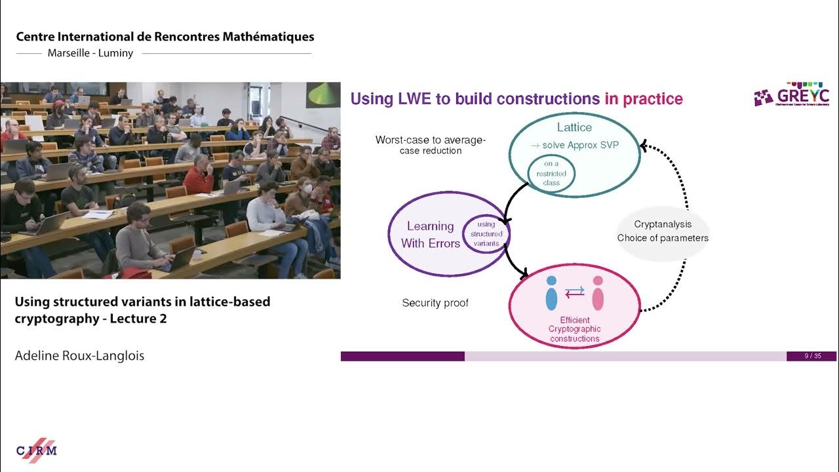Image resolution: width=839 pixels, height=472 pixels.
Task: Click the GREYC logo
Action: coord(791,94)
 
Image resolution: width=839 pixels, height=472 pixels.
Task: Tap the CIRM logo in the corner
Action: coord(37,450)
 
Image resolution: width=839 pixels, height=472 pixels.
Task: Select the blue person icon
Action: coord(551,293)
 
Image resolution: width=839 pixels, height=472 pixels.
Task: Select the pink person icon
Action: coord(598,293)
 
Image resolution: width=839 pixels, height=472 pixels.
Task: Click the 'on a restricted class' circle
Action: coord(551,174)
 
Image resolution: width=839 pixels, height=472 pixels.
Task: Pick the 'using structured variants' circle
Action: coord(486,234)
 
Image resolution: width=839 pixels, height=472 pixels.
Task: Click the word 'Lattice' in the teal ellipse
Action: coord(574,127)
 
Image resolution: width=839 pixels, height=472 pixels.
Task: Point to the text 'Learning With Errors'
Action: coord(430,235)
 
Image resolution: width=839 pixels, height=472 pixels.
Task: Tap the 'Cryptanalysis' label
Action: coord(663,224)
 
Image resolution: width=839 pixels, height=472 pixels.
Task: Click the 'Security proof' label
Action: coord(435,303)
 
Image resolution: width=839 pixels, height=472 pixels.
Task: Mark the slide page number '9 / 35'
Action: coord(812,356)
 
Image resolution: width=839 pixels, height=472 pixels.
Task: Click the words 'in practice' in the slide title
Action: coord(644,99)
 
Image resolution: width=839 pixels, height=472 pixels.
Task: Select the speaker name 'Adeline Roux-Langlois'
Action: coord(79,355)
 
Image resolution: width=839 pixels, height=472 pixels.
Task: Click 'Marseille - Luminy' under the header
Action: coord(90,53)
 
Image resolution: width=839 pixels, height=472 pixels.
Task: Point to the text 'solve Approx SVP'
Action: coord(580,145)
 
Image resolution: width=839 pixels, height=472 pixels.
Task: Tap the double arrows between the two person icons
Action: coord(574,293)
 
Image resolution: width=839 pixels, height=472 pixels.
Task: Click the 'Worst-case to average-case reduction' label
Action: coord(430,145)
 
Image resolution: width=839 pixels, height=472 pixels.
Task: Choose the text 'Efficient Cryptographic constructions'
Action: coord(574,329)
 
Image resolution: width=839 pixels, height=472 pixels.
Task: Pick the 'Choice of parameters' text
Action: coord(663,238)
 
